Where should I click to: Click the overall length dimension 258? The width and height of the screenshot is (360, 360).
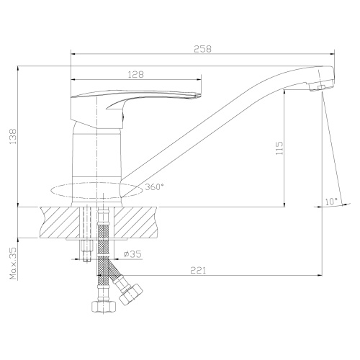tap(204, 48)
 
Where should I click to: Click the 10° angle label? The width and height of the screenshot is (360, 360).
tap(330, 202)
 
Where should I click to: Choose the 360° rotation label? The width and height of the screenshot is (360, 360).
tap(154, 187)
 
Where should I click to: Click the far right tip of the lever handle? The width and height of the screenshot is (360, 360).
tap(197, 93)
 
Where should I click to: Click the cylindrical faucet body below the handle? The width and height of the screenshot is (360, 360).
tap(97, 151)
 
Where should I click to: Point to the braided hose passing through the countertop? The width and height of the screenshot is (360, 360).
tap(105, 230)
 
